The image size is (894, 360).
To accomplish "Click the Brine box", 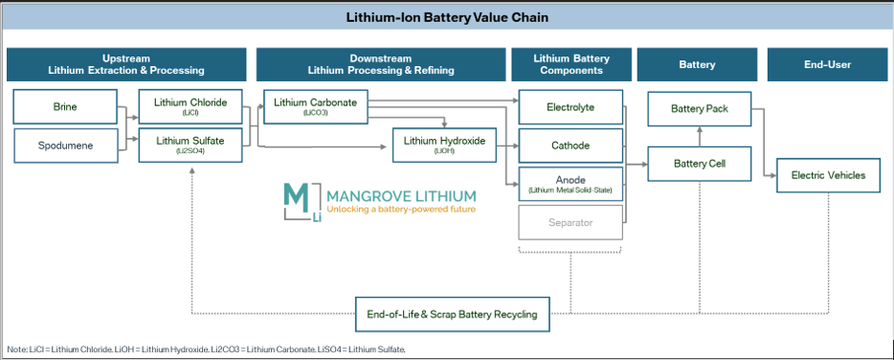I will click(x=65, y=107).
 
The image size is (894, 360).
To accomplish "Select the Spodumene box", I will click(x=65, y=146).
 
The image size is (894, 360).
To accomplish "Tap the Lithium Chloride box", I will click(x=190, y=106).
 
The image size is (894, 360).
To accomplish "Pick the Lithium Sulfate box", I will click(x=190, y=145).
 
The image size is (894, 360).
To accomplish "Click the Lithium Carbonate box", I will click(x=315, y=106).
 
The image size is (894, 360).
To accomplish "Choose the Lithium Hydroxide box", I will click(x=444, y=145).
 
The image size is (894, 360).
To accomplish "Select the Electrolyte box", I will click(x=570, y=107).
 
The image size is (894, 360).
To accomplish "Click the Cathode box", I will click(x=570, y=146).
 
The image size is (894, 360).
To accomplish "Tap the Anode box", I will click(x=570, y=184).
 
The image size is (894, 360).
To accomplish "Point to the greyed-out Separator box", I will click(x=570, y=223).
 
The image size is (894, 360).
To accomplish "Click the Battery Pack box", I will click(x=699, y=108).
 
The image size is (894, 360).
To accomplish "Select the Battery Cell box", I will click(x=699, y=164).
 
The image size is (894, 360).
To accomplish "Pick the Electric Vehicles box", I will click(x=827, y=175).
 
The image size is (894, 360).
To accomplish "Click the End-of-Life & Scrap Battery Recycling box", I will click(x=452, y=314).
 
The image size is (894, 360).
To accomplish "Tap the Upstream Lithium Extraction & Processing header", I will click(x=126, y=64).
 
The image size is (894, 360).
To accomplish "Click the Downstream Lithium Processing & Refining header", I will click(x=380, y=64).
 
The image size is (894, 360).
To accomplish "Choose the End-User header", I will click(x=827, y=64).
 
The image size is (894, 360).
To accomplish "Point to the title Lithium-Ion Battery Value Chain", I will click(x=446, y=18).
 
